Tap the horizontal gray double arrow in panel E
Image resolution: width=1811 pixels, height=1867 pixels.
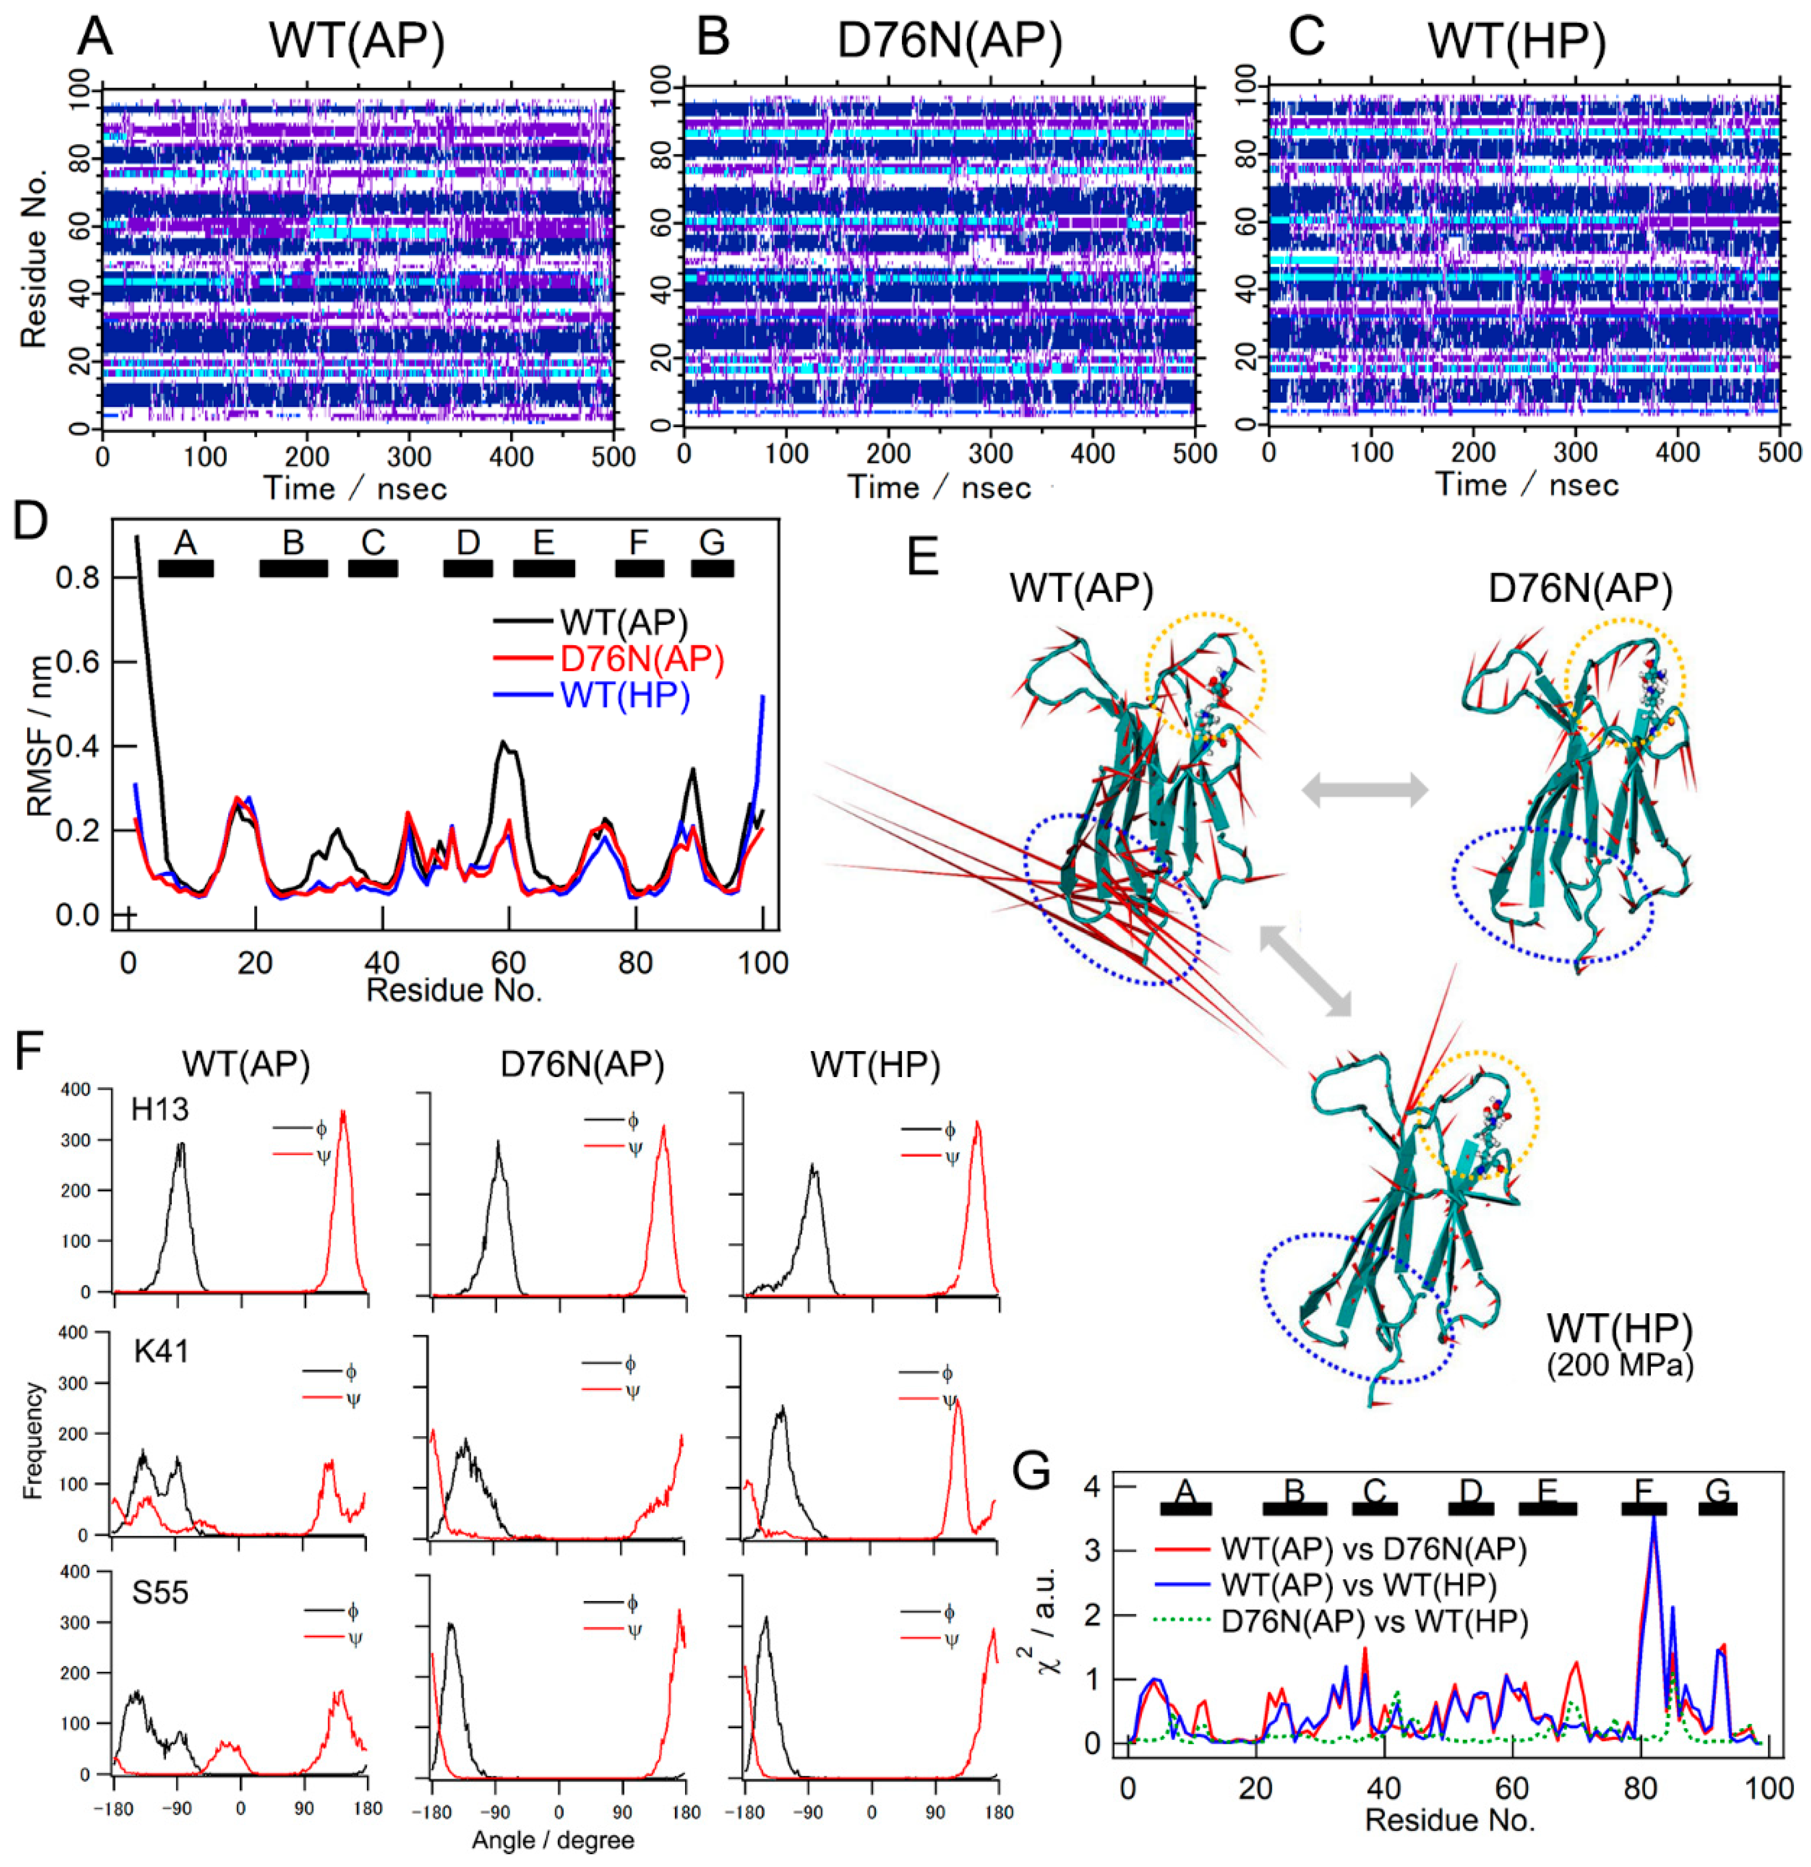click(1365, 790)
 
